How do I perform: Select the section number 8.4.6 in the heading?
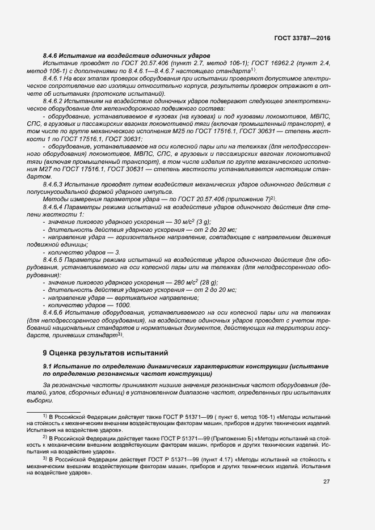point(52,56)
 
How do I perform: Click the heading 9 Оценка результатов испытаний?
point(106,352)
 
